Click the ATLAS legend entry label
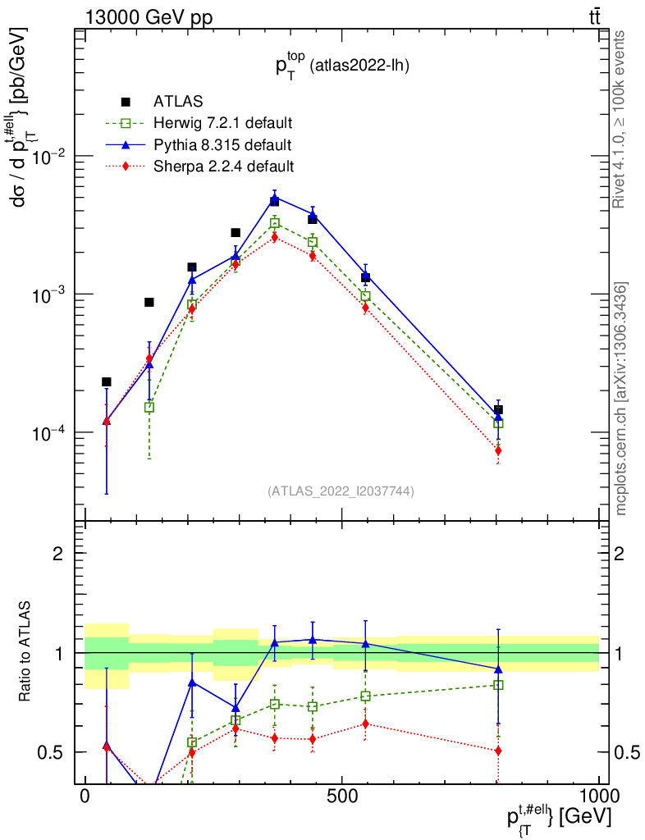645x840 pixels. (x=178, y=102)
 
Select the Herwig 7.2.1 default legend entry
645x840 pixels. (x=222, y=124)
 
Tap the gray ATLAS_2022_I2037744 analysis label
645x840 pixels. (x=341, y=491)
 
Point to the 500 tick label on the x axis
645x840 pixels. (x=341, y=797)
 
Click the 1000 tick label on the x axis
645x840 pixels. (x=596, y=797)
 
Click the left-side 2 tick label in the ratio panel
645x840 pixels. (x=58, y=553)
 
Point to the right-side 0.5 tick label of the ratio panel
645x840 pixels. (x=624, y=752)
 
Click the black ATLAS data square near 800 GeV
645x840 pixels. (x=498, y=409)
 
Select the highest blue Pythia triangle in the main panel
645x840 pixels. (x=275, y=199)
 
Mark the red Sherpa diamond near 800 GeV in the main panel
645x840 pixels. (x=498, y=450)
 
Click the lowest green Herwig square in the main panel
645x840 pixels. (x=149, y=407)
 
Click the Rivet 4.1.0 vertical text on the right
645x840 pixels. (x=621, y=119)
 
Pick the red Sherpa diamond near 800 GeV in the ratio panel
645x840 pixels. (x=498, y=751)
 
